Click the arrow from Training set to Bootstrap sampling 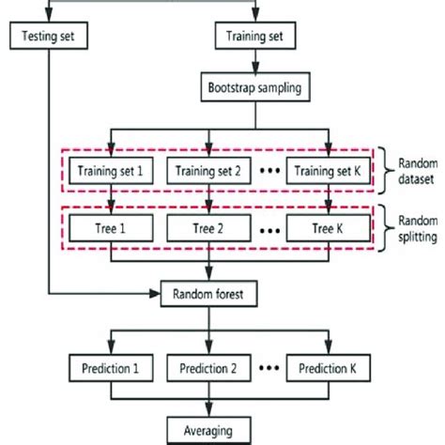[x=255, y=66]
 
